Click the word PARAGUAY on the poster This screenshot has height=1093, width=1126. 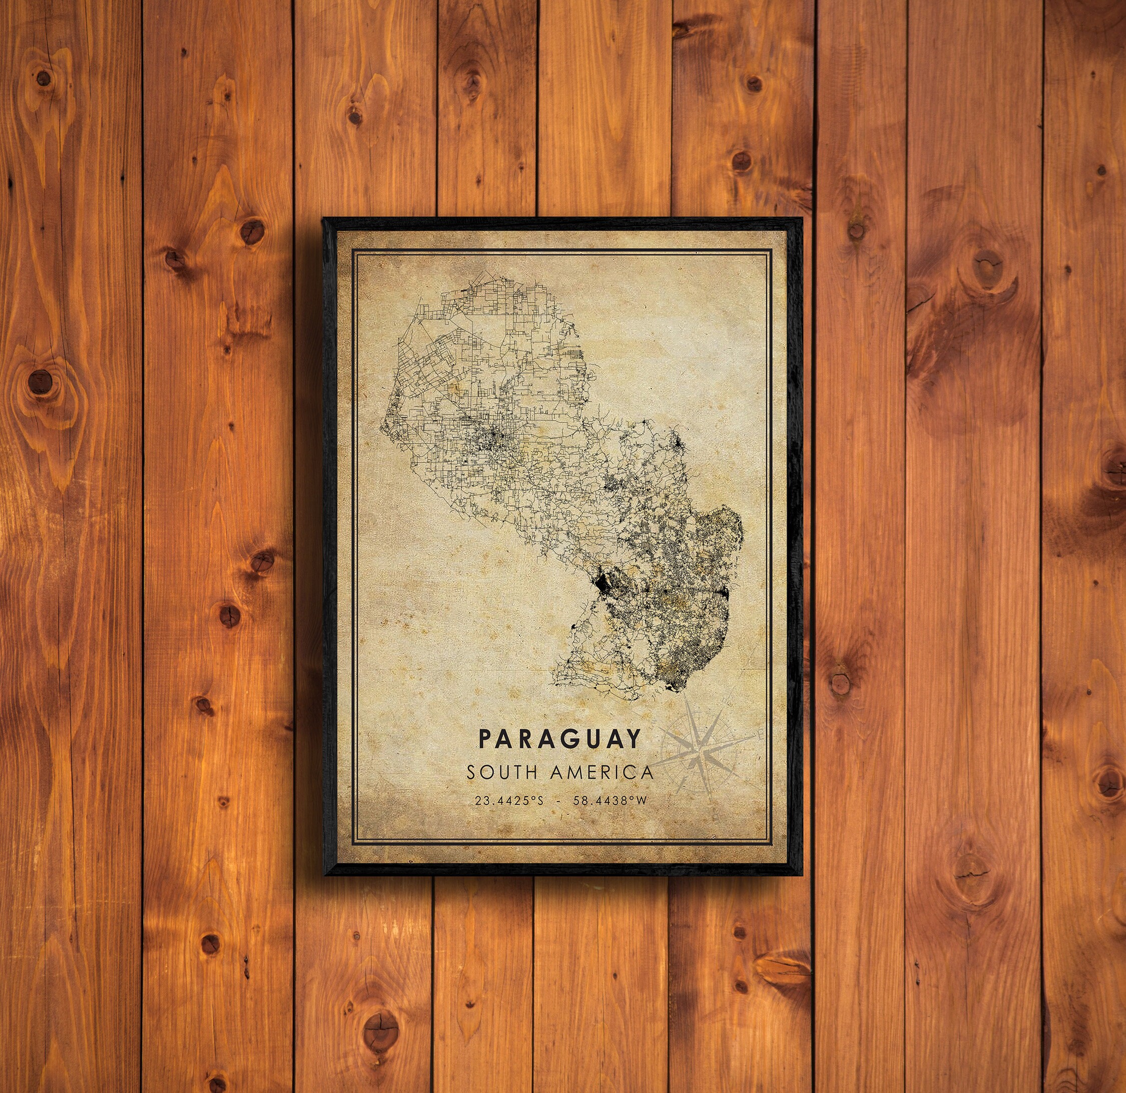pos(559,739)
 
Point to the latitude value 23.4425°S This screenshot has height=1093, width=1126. pos(508,801)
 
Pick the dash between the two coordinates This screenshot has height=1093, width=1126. pos(558,801)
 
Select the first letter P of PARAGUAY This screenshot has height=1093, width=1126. pos(485,739)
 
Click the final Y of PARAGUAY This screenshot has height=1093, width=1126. pos(633,739)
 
